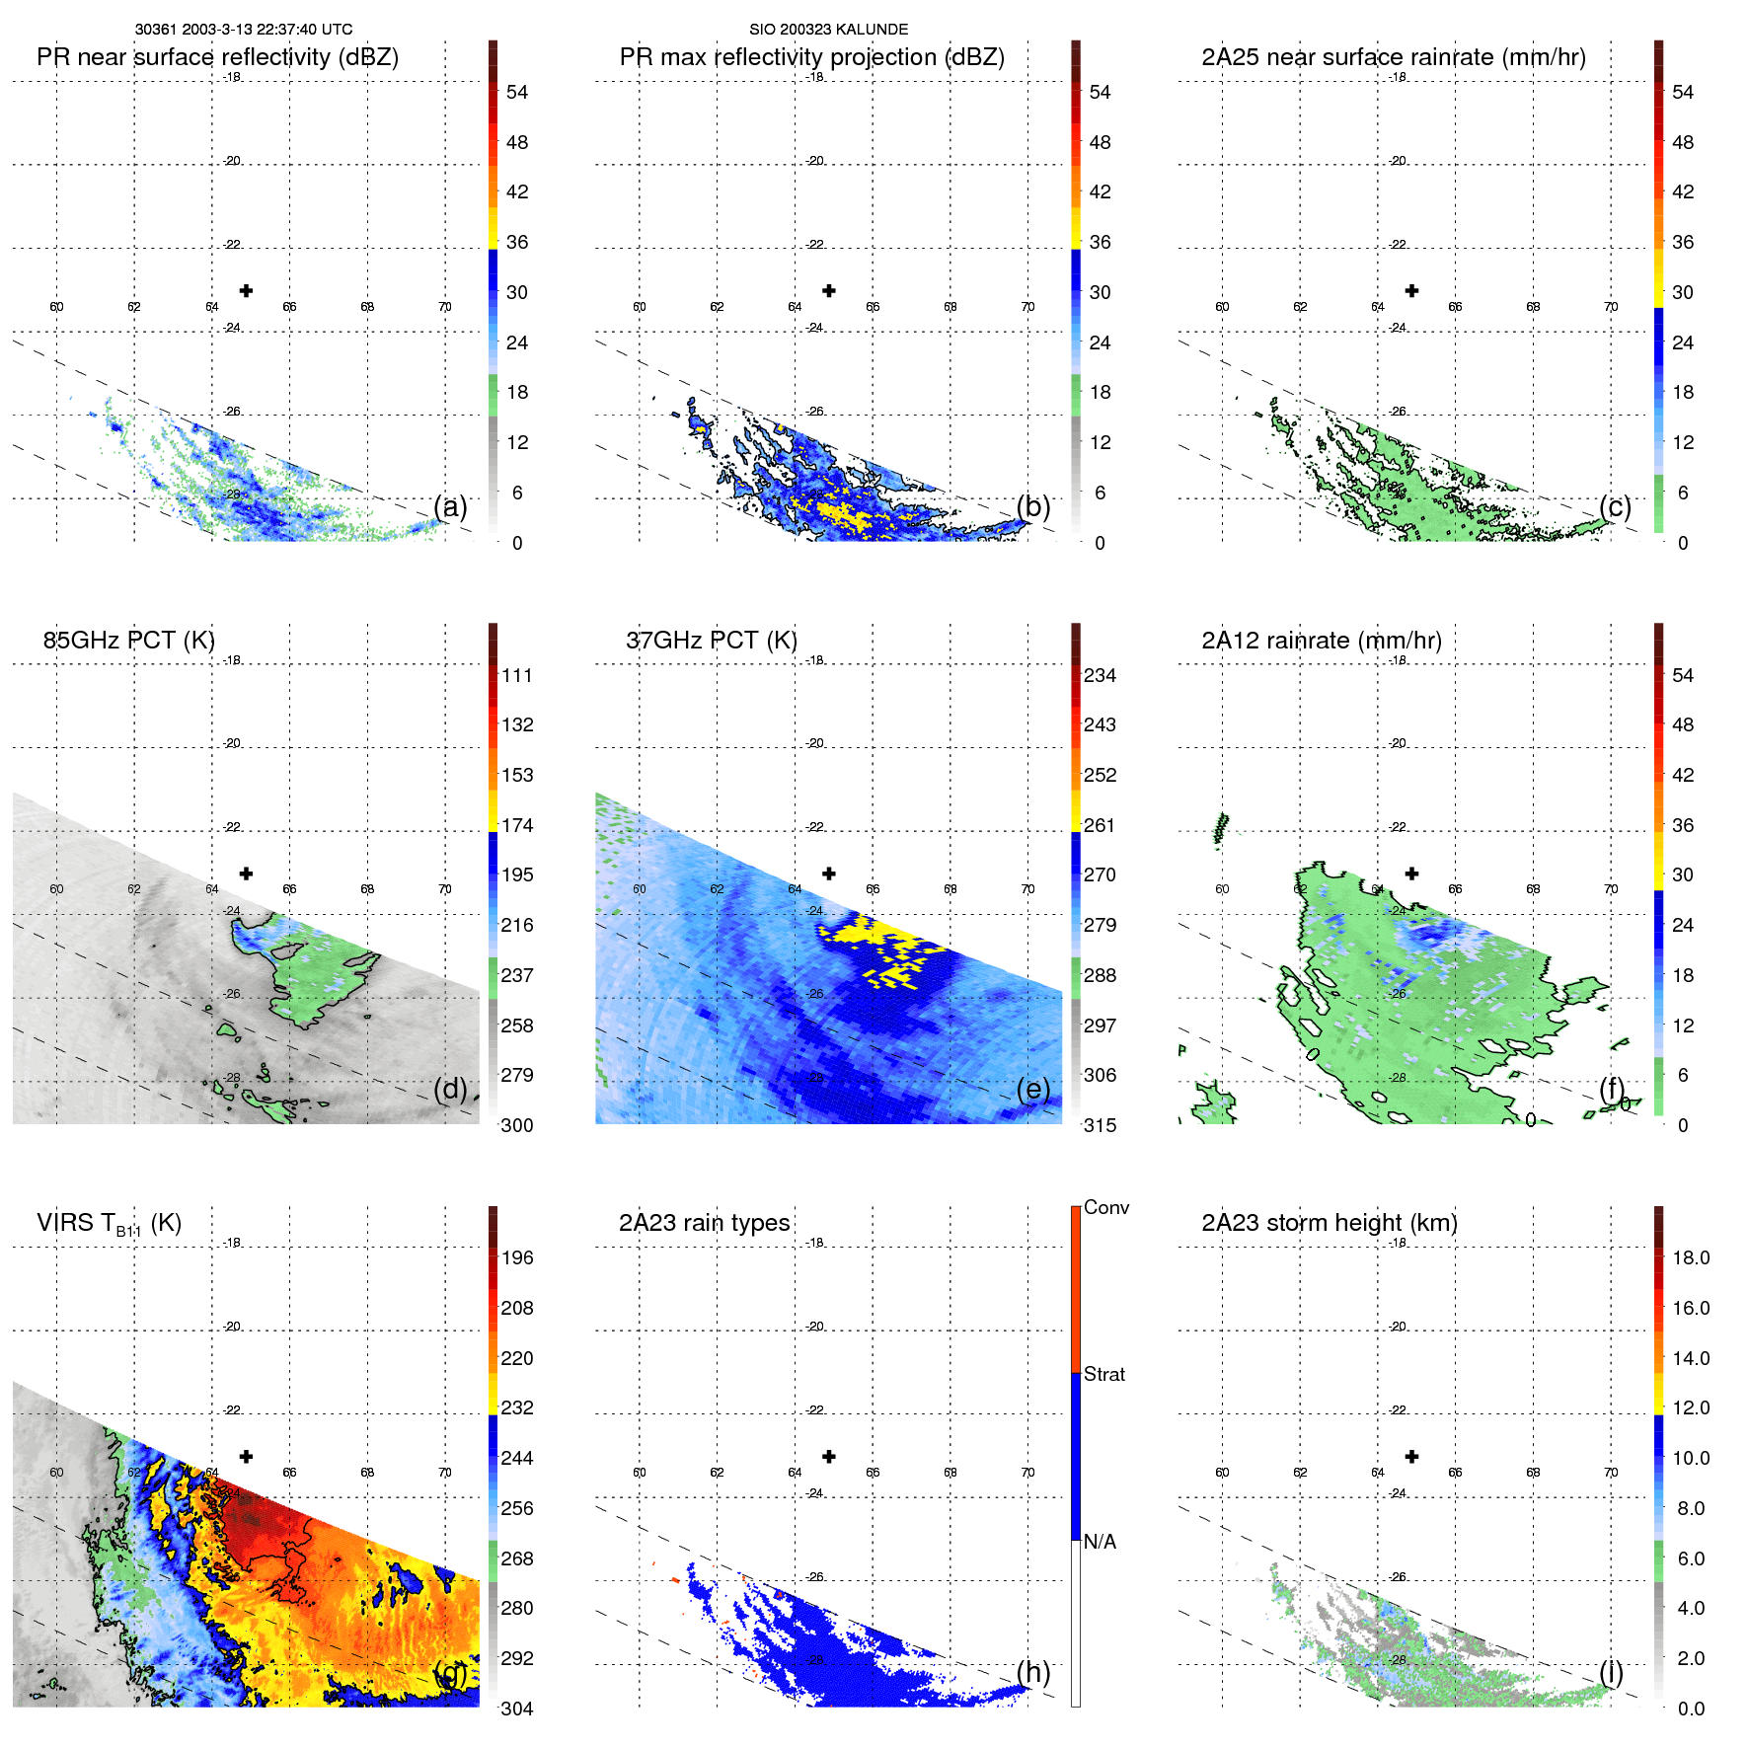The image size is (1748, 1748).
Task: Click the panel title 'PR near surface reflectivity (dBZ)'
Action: pos(217,57)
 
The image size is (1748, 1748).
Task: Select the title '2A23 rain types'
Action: pos(704,1223)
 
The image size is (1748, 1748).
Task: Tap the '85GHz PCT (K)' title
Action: pos(128,641)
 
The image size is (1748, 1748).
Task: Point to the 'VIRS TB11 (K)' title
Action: pos(109,1224)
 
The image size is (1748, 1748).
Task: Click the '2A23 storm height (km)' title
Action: pos(1329,1223)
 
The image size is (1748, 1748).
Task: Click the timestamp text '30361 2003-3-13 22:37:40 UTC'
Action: pos(244,30)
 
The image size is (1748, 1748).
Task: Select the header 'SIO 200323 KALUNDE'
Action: pos(828,30)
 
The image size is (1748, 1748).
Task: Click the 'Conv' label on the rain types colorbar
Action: pos(1105,1207)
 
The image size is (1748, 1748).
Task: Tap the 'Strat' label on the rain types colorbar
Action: pos(1103,1374)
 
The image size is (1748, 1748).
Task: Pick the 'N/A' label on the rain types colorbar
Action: pos(1100,1542)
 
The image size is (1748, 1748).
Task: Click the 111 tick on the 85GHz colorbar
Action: pos(517,675)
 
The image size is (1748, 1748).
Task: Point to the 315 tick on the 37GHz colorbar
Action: pos(1100,1125)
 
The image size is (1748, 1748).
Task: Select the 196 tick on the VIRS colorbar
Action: pos(517,1257)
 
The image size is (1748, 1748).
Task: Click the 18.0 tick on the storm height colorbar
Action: pos(1690,1257)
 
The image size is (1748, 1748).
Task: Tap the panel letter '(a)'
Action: pos(450,506)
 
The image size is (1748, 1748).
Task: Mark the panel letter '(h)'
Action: pos(1033,1671)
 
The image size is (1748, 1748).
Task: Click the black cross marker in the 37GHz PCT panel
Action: pos(829,874)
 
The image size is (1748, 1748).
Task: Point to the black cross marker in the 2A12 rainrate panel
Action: pos(1411,874)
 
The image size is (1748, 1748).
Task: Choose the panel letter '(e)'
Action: pos(1033,1089)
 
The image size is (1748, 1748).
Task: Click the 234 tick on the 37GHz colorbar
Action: pos(1100,675)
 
